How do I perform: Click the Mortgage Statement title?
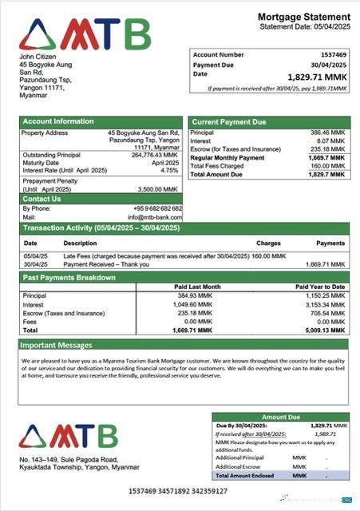[304, 17]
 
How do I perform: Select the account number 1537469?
[330, 54]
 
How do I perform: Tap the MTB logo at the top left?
[85, 34]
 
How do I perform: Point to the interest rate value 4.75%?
[169, 170]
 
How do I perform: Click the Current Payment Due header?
[227, 121]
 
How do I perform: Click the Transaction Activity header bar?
[101, 228]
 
